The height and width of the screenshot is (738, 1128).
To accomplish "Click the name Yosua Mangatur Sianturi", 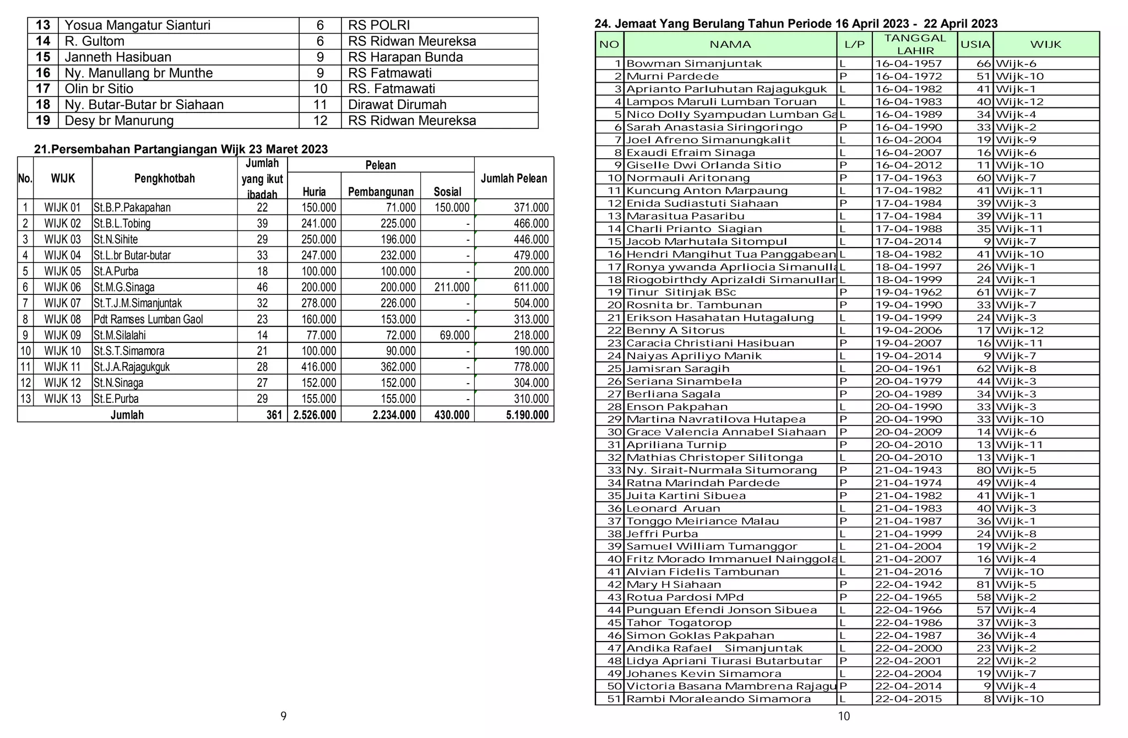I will (137, 25).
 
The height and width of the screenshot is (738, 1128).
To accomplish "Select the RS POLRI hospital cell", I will (379, 25).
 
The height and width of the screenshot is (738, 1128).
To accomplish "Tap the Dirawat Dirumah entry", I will (397, 105).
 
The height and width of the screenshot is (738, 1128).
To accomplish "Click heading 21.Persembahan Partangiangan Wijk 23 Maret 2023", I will (181, 149).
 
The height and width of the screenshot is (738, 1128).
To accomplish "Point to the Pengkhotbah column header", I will (164, 178).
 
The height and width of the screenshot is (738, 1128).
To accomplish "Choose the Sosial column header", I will (447, 192).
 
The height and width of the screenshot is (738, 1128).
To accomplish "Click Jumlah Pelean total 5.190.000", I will (527, 415).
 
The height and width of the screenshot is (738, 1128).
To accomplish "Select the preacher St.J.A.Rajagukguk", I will (132, 367).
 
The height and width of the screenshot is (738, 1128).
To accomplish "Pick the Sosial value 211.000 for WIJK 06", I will (452, 287).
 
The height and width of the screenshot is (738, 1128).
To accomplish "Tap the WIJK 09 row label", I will (62, 335).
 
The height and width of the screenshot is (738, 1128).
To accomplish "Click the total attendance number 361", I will (274, 415).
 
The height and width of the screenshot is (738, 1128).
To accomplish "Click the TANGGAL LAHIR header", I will (915, 44).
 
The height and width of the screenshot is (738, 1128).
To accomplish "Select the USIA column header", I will (975, 45).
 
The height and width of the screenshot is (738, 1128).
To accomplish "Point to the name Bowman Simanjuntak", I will (694, 64).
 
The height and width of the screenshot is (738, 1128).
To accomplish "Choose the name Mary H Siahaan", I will (673, 585).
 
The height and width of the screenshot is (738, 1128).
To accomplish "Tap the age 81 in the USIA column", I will (983, 585).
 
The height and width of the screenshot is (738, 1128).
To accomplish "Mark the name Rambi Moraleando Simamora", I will (718, 699).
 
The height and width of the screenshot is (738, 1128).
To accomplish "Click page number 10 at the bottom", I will (844, 717).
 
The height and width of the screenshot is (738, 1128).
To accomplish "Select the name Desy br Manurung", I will (119, 121).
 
